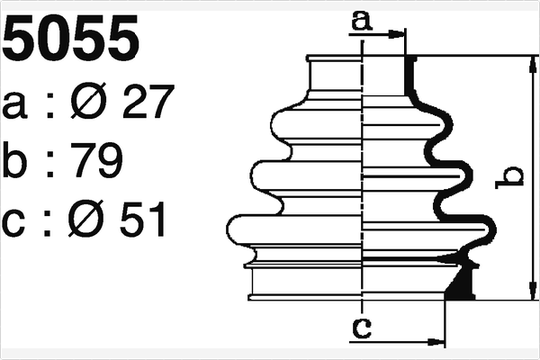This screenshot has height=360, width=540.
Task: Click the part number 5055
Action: [72, 38]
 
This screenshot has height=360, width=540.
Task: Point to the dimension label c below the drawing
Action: [361, 328]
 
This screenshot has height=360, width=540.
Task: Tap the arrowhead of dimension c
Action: [438, 342]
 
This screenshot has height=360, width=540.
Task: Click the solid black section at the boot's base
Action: [462, 283]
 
